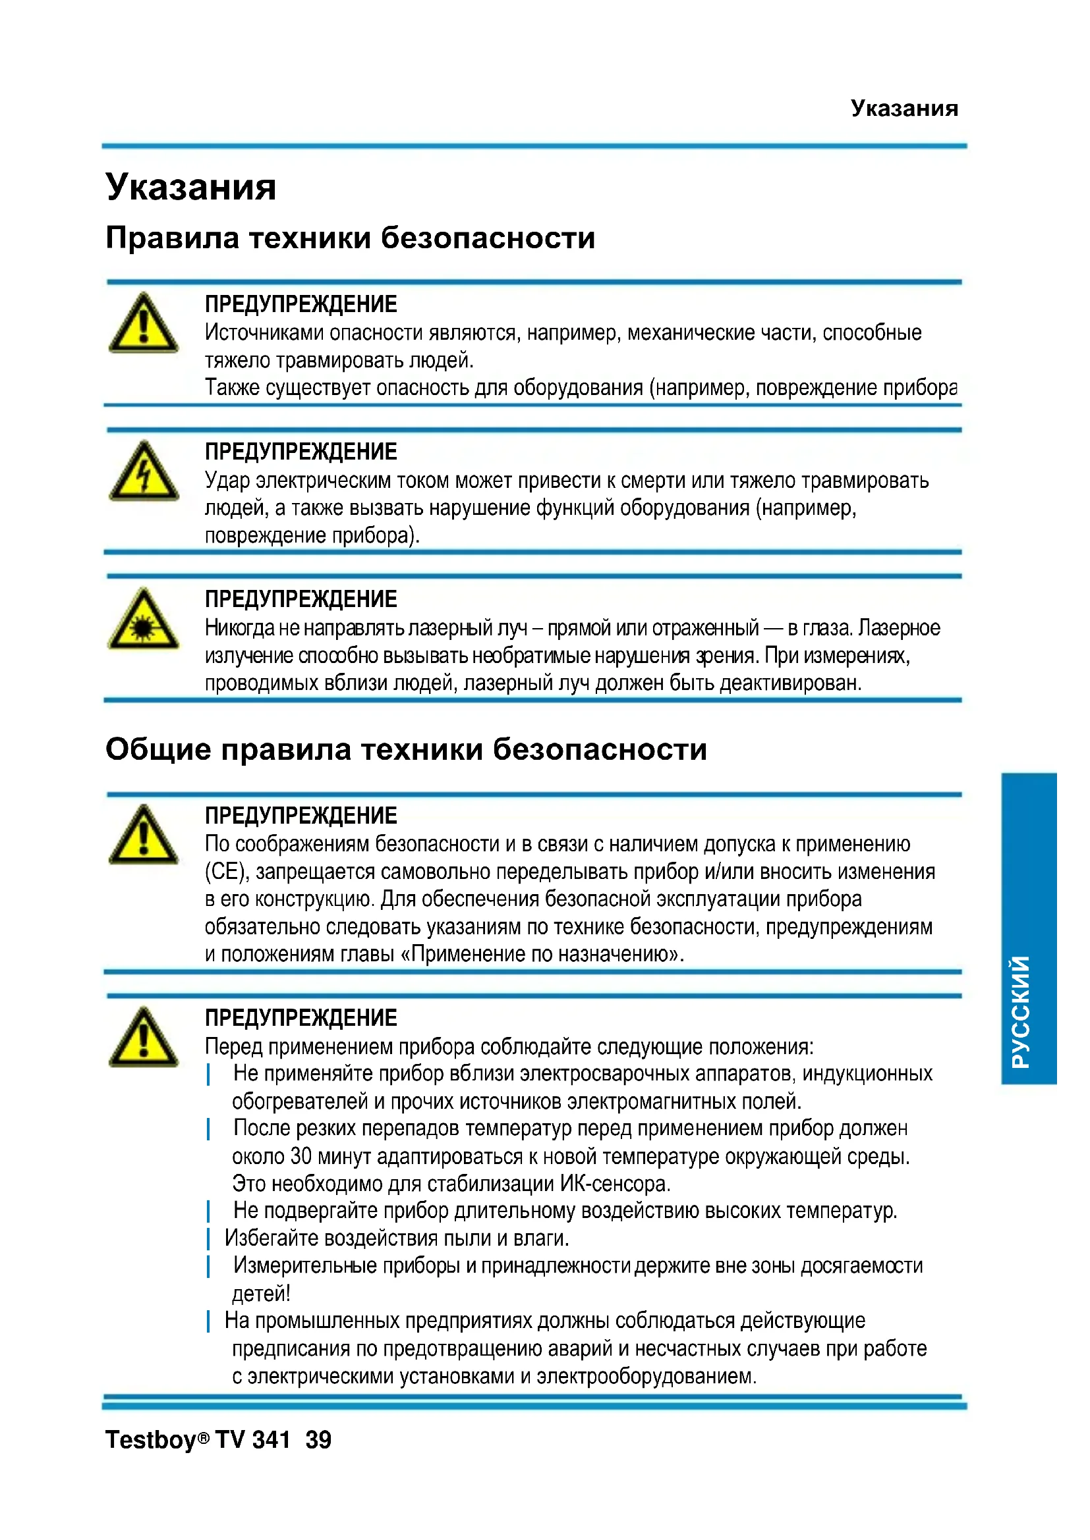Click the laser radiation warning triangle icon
[x=144, y=619]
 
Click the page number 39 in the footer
[x=318, y=1439]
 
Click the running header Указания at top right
[x=904, y=108]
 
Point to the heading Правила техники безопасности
[x=350, y=238]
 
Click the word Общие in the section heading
[x=158, y=749]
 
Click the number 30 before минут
[x=301, y=1156]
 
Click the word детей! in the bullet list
[x=261, y=1293]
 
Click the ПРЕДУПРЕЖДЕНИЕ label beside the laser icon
[x=301, y=599]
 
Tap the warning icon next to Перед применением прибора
[x=144, y=1038]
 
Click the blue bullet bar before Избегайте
[x=209, y=1238]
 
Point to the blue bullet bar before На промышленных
[x=209, y=1321]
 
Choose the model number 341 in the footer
[x=271, y=1439]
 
